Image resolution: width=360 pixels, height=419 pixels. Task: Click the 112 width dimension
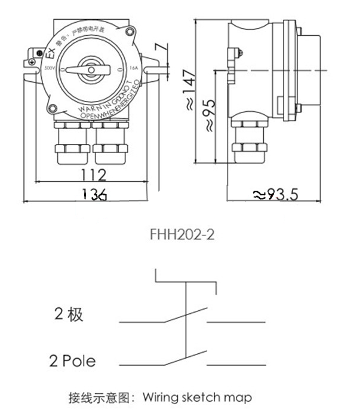(94, 175)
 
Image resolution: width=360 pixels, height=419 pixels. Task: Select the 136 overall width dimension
(94, 194)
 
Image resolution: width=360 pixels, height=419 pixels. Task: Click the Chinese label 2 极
(69, 315)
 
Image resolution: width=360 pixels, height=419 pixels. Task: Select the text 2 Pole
(72, 360)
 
